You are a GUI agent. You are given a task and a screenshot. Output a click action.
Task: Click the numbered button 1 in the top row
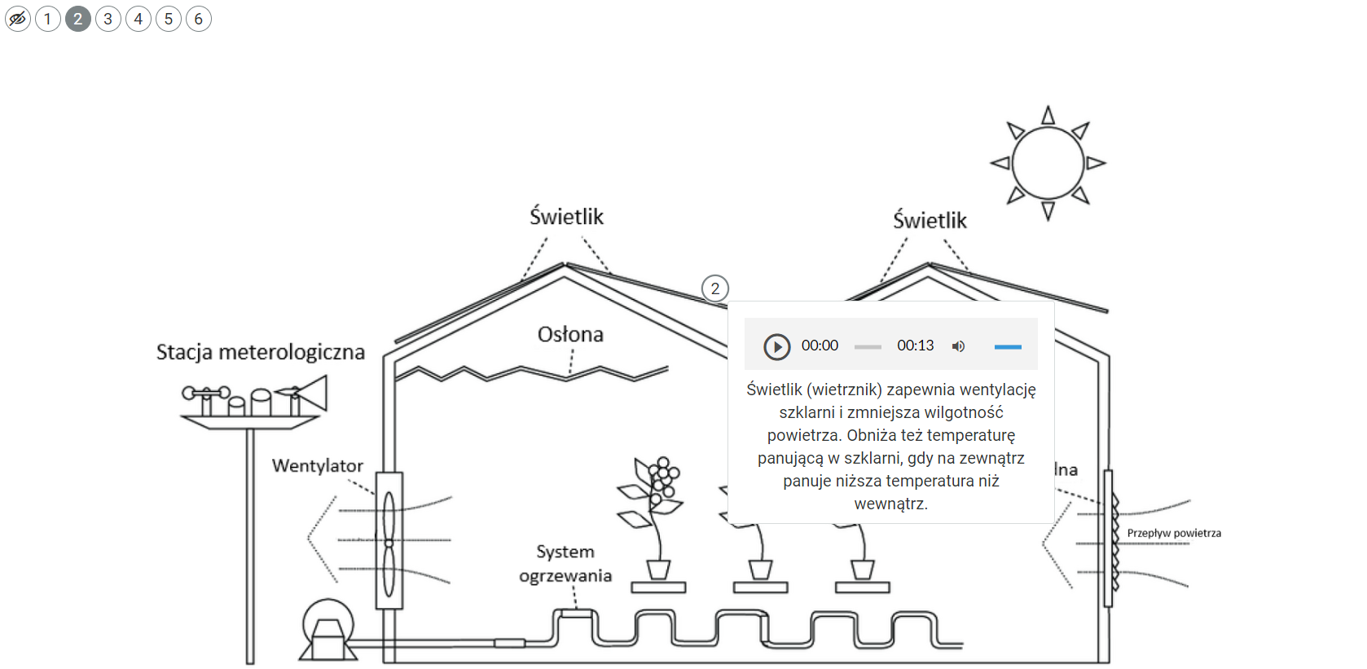48,19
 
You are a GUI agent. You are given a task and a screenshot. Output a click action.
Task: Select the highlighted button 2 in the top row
78,19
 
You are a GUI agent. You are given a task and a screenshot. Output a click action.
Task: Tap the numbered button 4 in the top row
138,19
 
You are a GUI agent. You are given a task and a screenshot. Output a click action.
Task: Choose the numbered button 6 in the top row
199,19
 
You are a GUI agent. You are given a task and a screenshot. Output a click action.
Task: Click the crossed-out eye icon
18,19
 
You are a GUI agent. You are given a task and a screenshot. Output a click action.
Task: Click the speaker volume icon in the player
959,346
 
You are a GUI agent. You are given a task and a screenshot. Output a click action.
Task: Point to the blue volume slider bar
1008,347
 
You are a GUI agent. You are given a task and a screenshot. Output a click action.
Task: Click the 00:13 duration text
916,346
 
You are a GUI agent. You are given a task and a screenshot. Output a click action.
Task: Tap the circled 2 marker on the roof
715,288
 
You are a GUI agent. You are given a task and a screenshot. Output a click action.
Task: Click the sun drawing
1048,163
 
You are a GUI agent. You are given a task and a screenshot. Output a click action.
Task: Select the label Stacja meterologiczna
261,352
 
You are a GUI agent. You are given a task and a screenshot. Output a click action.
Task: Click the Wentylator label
318,465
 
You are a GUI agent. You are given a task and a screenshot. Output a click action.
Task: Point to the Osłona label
570,334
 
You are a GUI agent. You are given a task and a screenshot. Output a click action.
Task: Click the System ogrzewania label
565,563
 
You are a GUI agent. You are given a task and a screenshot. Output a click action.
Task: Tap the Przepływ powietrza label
1174,533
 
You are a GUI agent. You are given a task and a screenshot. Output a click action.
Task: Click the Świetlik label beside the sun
930,220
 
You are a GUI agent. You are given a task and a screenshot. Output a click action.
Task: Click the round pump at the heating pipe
327,629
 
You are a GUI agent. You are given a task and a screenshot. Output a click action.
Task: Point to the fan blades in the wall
389,541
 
